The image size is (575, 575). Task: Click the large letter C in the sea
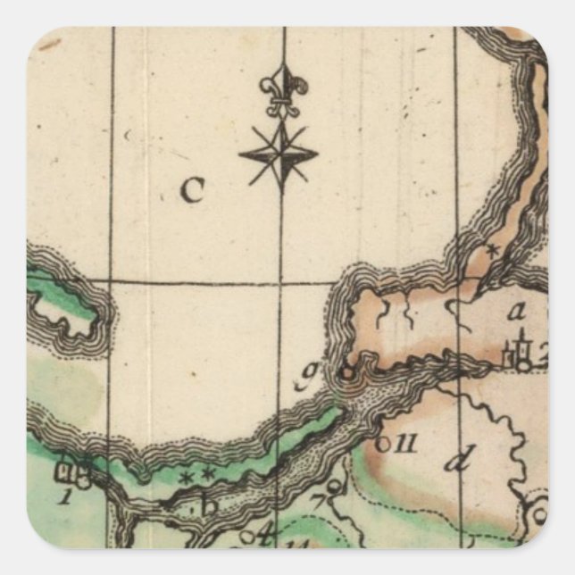pyautogui.click(x=192, y=189)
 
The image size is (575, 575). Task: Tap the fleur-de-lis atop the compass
pyautogui.click(x=283, y=90)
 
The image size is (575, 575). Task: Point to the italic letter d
pyautogui.click(x=457, y=461)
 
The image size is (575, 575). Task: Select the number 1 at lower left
pyautogui.click(x=64, y=497)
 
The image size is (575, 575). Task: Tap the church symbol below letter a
pyautogui.click(x=517, y=354)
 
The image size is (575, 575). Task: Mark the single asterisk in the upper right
pyautogui.click(x=489, y=252)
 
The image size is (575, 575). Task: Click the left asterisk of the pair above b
pyautogui.click(x=186, y=477)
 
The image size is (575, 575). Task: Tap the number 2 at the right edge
pyautogui.click(x=540, y=350)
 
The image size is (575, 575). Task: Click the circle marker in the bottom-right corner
pyautogui.click(x=539, y=512)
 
